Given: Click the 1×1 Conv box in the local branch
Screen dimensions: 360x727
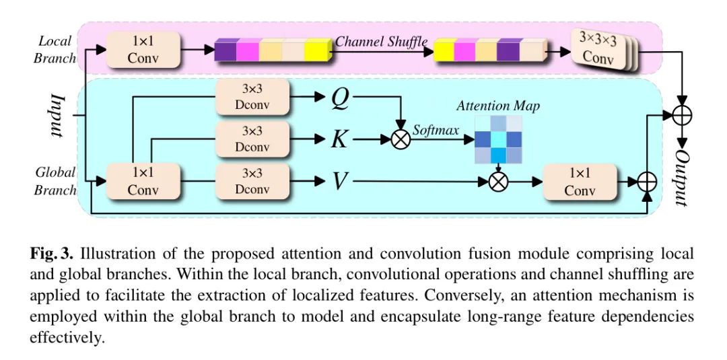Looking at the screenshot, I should (x=143, y=50).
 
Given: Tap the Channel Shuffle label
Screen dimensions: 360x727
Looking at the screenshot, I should (x=381, y=42).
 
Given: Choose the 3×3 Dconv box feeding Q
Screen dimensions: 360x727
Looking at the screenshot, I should (x=252, y=98).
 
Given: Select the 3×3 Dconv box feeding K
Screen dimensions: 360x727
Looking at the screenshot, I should (x=252, y=140).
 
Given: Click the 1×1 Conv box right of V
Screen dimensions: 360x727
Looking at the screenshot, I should (x=580, y=182).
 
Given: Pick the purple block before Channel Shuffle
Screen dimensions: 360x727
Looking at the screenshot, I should (x=226, y=50).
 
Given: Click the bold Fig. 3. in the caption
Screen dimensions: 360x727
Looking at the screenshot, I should (x=53, y=254).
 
